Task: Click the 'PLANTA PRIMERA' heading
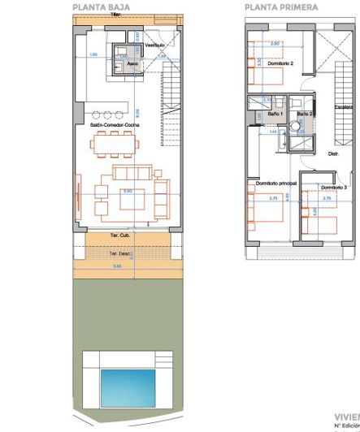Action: pyautogui.click(x=281, y=6)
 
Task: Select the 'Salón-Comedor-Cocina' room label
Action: pyautogui.click(x=115, y=126)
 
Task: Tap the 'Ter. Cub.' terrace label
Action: pyautogui.click(x=119, y=236)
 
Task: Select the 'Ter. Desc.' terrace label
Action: pyautogui.click(x=119, y=254)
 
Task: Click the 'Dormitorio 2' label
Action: pyautogui.click(x=269, y=62)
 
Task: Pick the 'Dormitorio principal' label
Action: pyautogui.click(x=275, y=184)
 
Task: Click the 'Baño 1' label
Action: pyautogui.click(x=265, y=116)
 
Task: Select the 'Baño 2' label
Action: pyautogui.click(x=306, y=115)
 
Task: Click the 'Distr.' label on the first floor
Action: pyautogui.click(x=334, y=153)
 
